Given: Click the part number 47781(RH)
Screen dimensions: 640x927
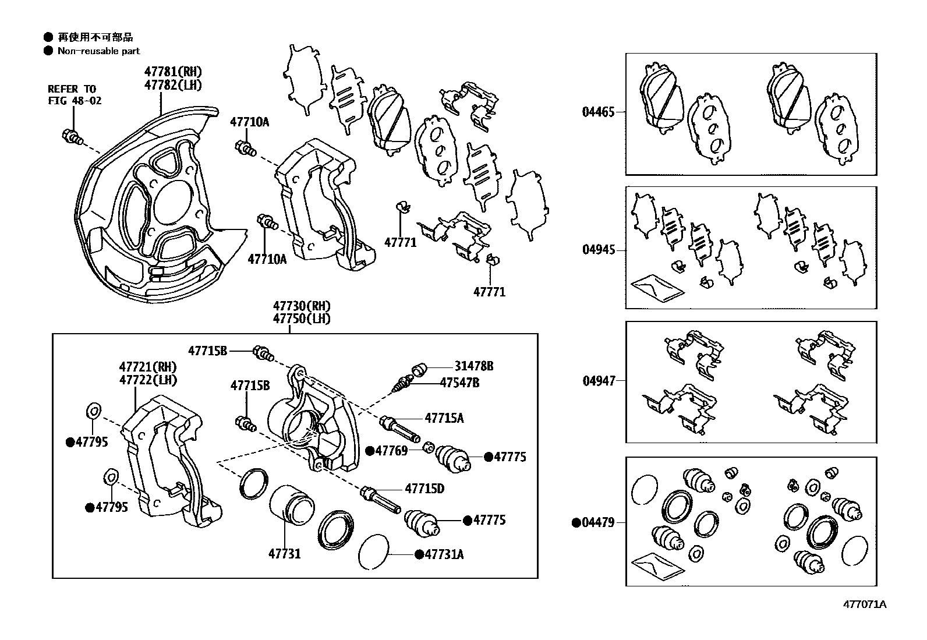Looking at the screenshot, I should [173, 72].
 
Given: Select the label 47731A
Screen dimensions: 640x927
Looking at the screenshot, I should [444, 554].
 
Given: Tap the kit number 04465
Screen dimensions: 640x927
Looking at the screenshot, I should [598, 112].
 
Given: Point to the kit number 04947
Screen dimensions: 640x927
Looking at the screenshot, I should [598, 381].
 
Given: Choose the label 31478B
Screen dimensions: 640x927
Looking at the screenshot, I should [474, 366].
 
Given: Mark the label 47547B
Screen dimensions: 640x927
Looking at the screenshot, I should [459, 383].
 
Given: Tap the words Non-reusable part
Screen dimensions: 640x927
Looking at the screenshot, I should [98, 51].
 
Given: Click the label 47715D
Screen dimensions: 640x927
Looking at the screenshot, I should [424, 489].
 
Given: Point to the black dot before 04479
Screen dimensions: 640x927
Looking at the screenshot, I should [576, 523].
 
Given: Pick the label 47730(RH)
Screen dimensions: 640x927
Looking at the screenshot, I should [302, 306].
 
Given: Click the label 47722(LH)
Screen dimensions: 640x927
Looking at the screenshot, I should [148, 380].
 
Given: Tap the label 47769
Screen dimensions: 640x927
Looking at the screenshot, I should [391, 450].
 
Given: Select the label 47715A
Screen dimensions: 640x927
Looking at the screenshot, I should [444, 418].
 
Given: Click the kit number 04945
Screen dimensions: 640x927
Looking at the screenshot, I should [598, 250].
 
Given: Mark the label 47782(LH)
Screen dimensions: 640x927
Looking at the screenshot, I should [173, 84].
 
